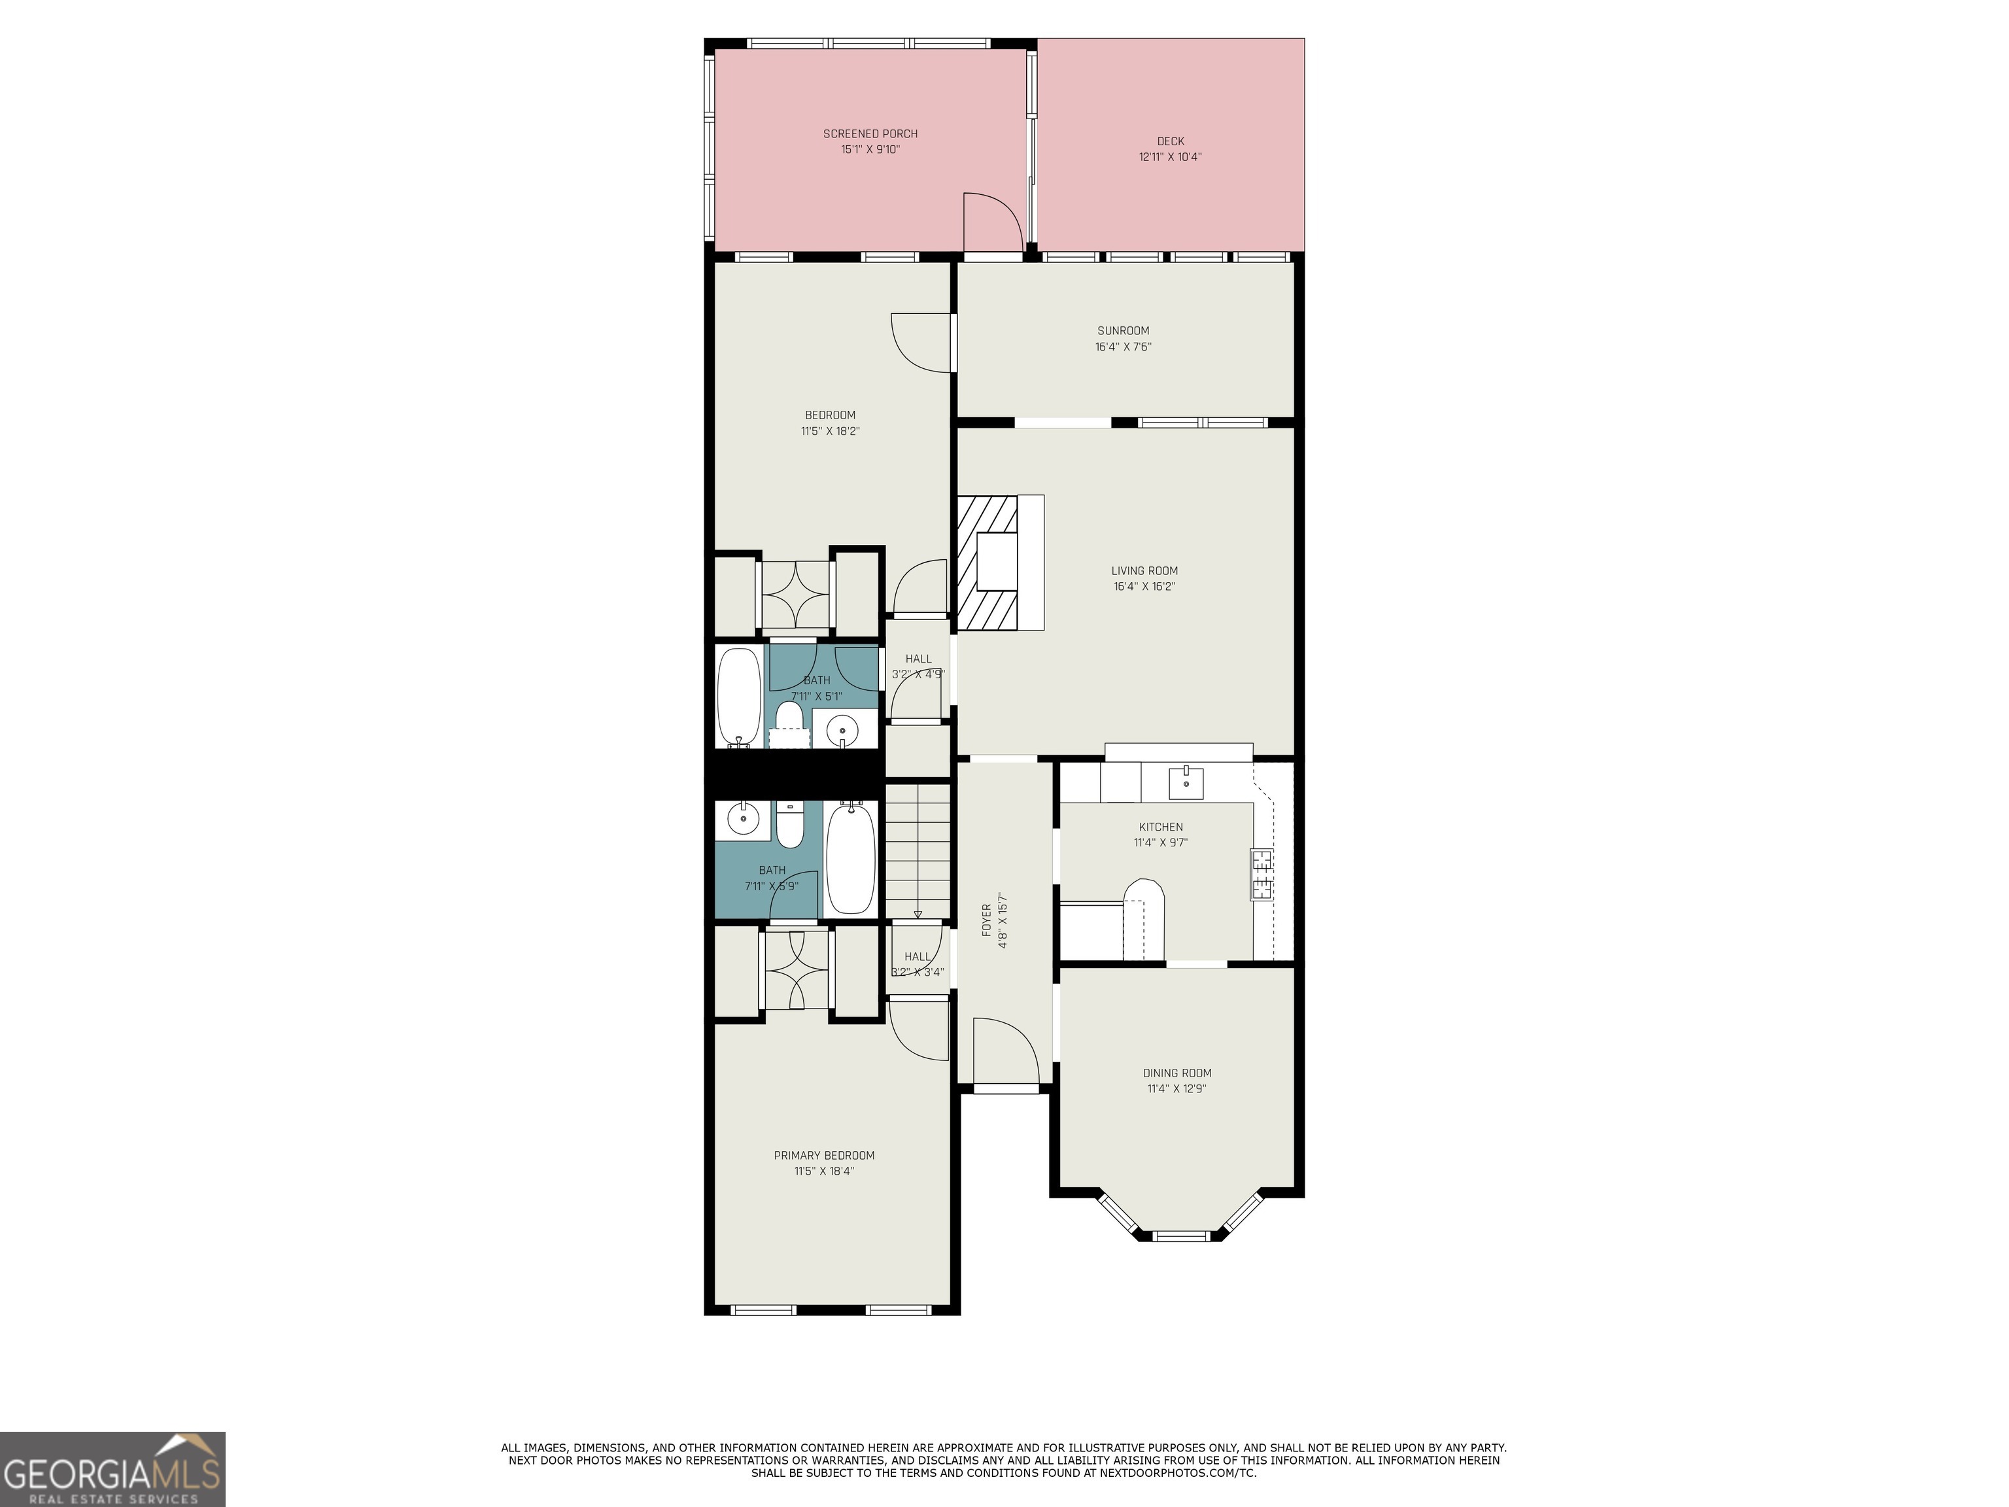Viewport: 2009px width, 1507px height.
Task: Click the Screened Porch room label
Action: click(870, 133)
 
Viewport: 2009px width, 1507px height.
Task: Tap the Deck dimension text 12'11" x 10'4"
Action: click(1170, 157)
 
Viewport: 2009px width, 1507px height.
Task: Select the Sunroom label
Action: click(1123, 331)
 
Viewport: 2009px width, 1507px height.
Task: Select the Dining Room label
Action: click(1177, 1073)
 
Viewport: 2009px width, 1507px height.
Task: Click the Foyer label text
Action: click(986, 920)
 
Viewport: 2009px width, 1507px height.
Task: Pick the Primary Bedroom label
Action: click(824, 1156)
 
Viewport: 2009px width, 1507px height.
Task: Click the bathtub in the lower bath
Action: click(850, 857)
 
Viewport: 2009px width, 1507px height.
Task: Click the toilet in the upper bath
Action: click(790, 718)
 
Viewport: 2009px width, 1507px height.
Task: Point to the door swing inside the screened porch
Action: click(992, 222)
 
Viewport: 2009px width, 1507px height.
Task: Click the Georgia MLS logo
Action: click(112, 1469)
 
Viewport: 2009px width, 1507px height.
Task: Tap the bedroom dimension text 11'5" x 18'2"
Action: click(829, 432)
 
